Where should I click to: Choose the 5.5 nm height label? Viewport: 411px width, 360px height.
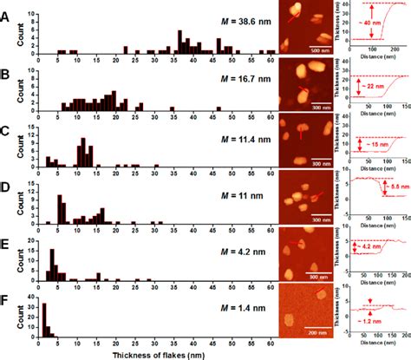pyautogui.click(x=395, y=189)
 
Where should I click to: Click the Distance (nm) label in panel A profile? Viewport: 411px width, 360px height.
pyautogui.click(x=375, y=60)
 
